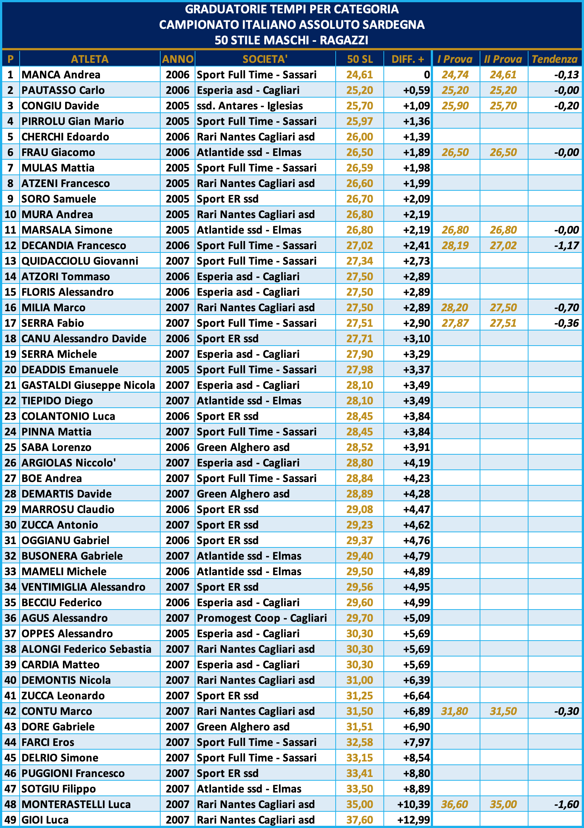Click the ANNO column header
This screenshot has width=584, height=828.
[x=178, y=59]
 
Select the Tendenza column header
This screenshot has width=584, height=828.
[x=554, y=59]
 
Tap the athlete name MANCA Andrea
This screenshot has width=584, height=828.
[x=61, y=75]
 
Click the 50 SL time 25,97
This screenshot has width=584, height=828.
[x=359, y=121]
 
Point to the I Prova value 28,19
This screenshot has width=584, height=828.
[x=455, y=245]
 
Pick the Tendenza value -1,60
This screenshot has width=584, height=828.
[x=567, y=804]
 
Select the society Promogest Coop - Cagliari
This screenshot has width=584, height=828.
[x=262, y=618]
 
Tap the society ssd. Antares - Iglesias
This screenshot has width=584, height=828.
[x=250, y=106]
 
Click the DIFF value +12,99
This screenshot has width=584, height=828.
[x=413, y=820]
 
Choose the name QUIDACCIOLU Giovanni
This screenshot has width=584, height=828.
[x=80, y=261]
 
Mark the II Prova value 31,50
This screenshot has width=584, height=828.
[x=503, y=711]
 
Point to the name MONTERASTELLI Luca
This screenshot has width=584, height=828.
[x=76, y=804]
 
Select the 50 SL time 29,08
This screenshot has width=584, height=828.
[x=359, y=509]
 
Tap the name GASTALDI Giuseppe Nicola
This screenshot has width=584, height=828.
[x=88, y=385]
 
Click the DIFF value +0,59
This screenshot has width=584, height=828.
[x=416, y=90]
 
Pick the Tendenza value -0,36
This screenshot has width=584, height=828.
[x=567, y=323]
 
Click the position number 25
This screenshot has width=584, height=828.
[x=10, y=447]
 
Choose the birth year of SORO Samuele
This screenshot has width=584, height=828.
[x=178, y=199]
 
